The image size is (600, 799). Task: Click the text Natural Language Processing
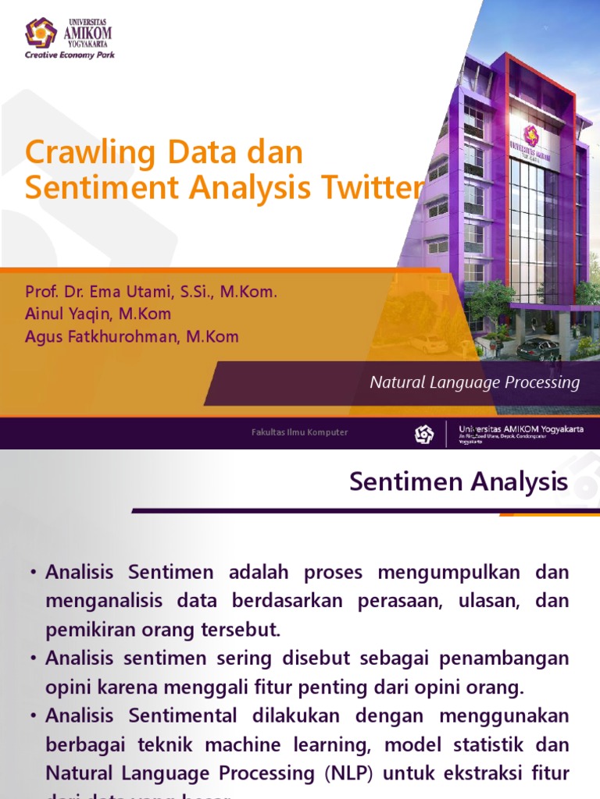pos(474,382)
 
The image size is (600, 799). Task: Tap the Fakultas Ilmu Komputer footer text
pos(299,432)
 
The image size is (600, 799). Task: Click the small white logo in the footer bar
pos(423,434)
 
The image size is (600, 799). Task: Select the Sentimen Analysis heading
pos(459,481)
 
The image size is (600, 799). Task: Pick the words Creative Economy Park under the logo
pos(70,55)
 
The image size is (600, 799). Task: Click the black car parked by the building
pos(537,348)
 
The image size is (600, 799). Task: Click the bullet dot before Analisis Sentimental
pos(34,716)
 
